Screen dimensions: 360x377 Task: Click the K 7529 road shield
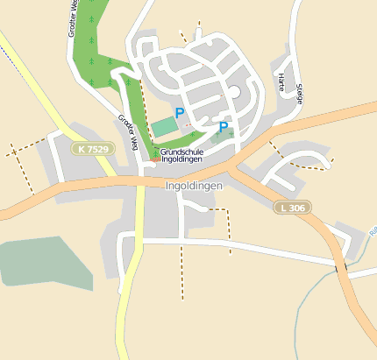(93, 150)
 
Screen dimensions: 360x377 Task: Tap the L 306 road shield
(292, 208)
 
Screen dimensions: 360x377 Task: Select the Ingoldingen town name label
(194, 187)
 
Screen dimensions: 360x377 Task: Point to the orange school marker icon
(155, 159)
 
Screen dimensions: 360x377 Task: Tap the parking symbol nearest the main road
(223, 127)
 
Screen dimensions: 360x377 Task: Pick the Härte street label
(281, 84)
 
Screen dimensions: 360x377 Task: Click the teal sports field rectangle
(164, 127)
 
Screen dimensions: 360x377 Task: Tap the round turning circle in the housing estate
(233, 92)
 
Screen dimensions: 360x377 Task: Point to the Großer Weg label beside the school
(127, 132)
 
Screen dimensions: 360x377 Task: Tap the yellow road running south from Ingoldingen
(130, 289)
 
